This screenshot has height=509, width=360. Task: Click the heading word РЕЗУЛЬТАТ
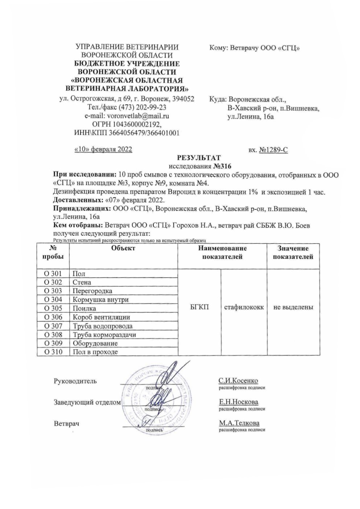click(198, 158)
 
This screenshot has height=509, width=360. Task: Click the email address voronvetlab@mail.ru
click(137, 116)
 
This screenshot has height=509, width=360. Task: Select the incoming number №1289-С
click(273, 149)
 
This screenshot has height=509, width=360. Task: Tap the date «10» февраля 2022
click(103, 149)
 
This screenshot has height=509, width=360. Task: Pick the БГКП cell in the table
click(199, 308)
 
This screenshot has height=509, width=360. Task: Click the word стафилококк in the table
click(244, 308)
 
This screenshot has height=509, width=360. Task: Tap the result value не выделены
click(293, 308)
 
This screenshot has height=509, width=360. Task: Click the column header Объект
click(123, 249)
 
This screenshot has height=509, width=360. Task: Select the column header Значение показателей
click(293, 253)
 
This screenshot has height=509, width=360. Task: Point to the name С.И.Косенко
click(238, 381)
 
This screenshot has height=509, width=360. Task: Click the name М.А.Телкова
click(239, 423)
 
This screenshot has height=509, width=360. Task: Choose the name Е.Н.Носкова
click(238, 402)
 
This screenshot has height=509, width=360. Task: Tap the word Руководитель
click(75, 381)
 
